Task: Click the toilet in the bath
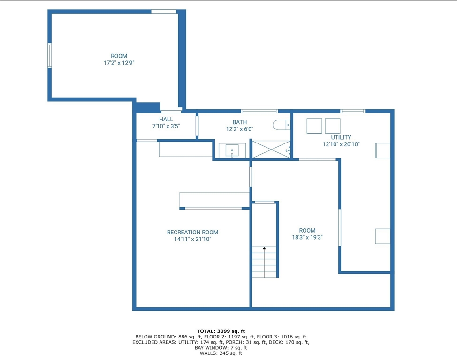pos(281,125)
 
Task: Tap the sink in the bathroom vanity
pos(232,151)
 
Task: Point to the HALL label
pos(166,120)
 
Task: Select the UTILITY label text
pos(341,137)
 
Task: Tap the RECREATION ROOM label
pos(192,232)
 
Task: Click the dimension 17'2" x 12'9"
pos(119,63)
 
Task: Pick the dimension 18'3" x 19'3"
pos(307,237)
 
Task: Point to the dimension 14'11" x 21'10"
pos(192,239)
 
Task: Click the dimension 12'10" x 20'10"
pos(341,144)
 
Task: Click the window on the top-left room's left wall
pos(50,56)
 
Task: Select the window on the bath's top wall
pos(259,111)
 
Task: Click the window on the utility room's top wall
pos(352,111)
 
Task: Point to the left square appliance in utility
pos(314,126)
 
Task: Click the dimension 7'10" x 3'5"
pos(166,126)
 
